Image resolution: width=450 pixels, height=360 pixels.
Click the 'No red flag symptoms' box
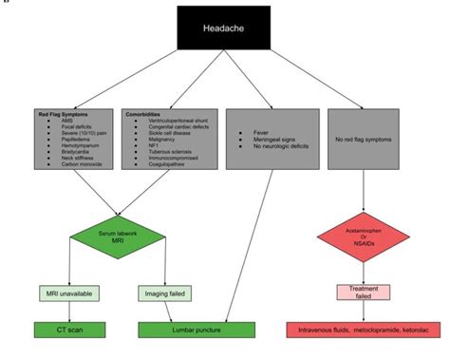tap(366, 141)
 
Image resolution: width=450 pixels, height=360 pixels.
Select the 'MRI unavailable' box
tap(65, 293)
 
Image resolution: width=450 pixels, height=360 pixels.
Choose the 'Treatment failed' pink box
tap(364, 293)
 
